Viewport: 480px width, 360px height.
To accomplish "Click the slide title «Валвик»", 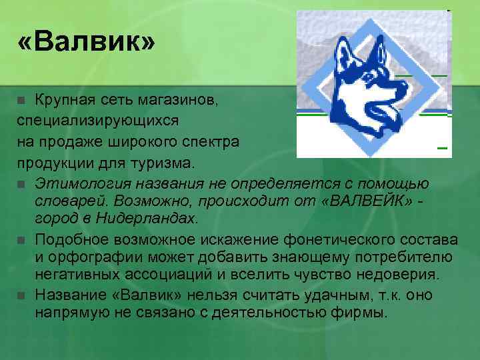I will [x=87, y=44].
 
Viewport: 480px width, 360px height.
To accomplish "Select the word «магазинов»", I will [x=185, y=101].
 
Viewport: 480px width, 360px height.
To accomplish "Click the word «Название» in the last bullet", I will [x=73, y=294].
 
